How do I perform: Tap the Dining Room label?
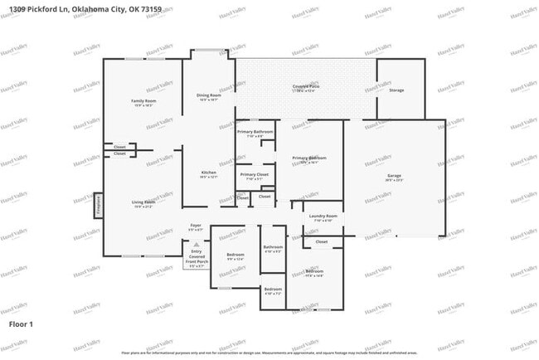tap(208, 95)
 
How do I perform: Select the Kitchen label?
tap(208, 172)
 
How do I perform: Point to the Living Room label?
tap(143, 202)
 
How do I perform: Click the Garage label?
tap(394, 176)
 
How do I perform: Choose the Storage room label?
tap(396, 90)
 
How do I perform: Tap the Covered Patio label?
tap(307, 86)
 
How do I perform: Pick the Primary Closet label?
tap(255, 174)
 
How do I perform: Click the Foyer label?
tap(196, 226)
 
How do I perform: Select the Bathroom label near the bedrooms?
tap(273, 247)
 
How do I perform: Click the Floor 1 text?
tap(21, 324)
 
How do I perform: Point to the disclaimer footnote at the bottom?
tap(269, 353)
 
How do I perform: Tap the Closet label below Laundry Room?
tap(321, 241)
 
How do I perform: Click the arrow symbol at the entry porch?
tap(196, 246)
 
